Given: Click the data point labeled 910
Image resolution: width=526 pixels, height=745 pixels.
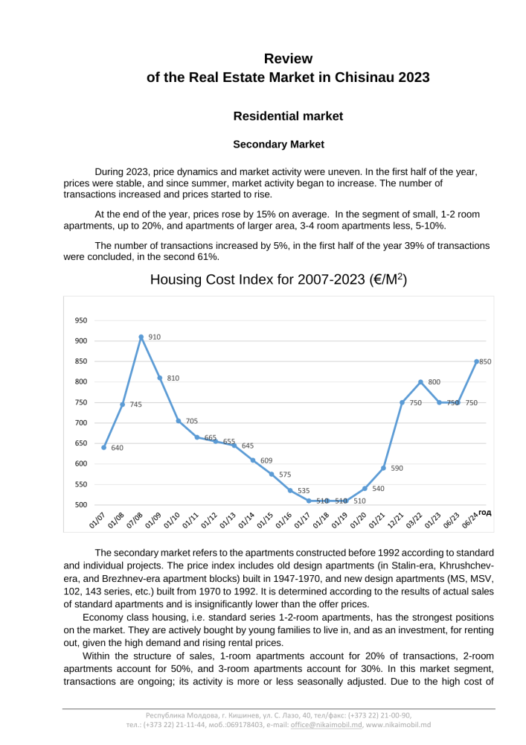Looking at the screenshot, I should [141, 337].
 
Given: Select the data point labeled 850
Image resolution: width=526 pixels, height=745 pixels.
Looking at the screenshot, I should [476, 361].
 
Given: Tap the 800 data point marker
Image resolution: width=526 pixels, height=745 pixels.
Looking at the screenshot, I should [420, 382].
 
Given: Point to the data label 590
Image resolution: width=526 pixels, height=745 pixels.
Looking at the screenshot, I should [397, 469].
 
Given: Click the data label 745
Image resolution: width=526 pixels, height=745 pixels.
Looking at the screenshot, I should [135, 405].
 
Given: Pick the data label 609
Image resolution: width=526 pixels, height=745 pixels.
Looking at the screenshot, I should [266, 460].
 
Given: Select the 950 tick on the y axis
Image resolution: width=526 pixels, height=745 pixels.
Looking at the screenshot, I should [80, 320].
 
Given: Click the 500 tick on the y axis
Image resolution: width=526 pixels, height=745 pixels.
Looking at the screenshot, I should [80, 504].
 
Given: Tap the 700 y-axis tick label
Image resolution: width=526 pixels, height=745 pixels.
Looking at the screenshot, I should [80, 422].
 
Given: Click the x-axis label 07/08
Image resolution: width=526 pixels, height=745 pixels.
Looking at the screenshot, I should [135, 521].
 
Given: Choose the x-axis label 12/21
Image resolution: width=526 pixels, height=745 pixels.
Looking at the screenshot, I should [396, 521].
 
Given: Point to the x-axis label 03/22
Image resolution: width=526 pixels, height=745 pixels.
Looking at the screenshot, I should [414, 521].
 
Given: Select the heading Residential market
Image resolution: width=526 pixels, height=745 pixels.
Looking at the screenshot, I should [288, 116].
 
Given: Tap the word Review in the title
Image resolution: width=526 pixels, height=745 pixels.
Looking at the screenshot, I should [288, 59].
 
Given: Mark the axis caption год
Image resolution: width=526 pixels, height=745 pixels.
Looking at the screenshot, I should [484, 513].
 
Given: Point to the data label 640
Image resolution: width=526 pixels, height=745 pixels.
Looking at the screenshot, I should [117, 448].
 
